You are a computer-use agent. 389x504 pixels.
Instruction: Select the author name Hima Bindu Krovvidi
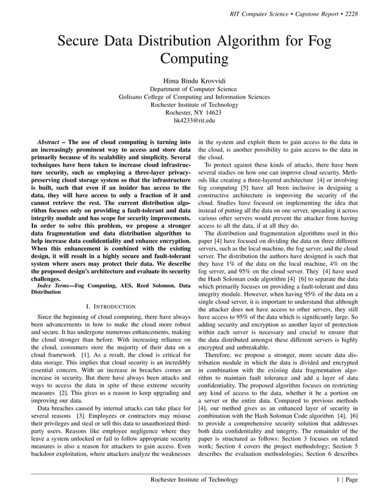point(194,81)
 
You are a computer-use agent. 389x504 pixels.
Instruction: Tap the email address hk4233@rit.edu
point(194,120)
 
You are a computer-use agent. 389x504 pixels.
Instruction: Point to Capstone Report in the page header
point(312,13)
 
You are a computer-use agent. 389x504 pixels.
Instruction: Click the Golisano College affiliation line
point(194,96)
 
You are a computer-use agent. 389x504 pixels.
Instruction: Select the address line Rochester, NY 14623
point(194,112)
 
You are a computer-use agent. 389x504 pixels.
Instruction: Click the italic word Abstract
point(48,141)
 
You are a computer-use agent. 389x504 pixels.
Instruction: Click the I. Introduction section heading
point(112,304)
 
